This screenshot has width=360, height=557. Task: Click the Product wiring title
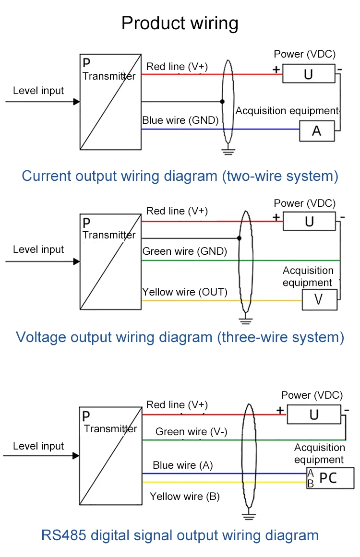(180, 23)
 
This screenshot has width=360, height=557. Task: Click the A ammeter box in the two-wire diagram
(317, 130)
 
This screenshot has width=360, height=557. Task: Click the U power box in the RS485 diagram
(314, 415)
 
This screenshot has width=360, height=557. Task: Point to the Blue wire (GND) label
(180, 120)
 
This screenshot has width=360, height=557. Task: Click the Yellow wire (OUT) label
(185, 292)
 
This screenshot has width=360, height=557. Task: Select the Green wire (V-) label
(191, 432)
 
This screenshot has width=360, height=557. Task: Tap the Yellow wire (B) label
(185, 497)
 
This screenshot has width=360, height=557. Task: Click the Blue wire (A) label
(183, 465)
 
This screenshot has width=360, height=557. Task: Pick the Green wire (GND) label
(185, 251)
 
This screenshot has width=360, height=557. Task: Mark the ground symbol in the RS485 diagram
(248, 517)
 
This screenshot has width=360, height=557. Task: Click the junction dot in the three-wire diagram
(239, 238)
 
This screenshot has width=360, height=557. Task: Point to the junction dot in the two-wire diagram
(222, 102)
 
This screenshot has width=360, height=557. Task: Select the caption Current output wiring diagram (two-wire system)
(180, 176)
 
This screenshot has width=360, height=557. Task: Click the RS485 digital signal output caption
(180, 535)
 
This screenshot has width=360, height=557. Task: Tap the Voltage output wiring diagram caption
(180, 337)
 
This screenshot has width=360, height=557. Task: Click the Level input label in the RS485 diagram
(38, 446)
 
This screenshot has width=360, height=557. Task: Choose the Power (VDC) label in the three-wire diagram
(304, 203)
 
